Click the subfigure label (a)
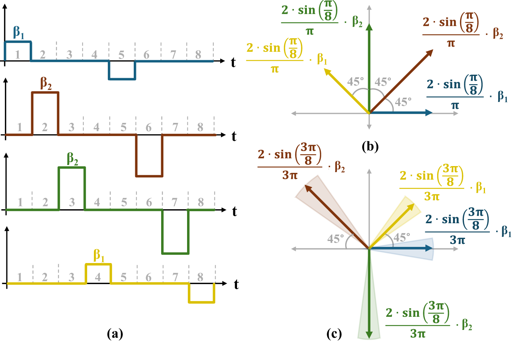[115, 334]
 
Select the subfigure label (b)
[370, 146]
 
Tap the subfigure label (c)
[334, 334]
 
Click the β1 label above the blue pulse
[19, 33]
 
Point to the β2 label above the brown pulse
[46, 83]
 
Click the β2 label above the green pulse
[72, 159]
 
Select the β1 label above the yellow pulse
[99, 256]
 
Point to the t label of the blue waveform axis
[233, 62]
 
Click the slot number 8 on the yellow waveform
[200, 277]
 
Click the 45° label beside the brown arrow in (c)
[335, 239]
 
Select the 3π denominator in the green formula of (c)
[417, 333]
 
